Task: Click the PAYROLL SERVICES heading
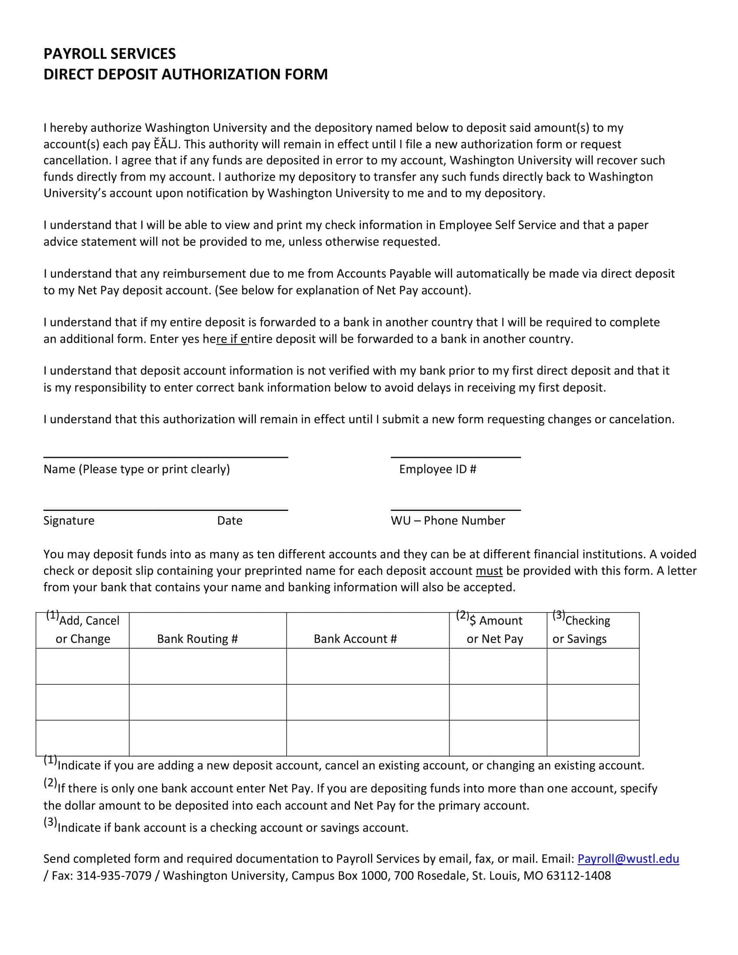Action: point(109,54)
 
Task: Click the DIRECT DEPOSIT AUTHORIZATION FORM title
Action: point(185,74)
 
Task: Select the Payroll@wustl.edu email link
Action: point(628,859)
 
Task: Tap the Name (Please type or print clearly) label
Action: point(136,469)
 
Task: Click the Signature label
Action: point(69,520)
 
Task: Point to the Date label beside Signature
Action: point(230,520)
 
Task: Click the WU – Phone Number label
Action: point(448,520)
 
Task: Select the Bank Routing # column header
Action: point(197,639)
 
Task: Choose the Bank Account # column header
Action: point(355,639)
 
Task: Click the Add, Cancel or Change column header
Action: point(82,630)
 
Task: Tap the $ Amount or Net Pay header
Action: point(495,630)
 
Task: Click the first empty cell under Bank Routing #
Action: point(208,666)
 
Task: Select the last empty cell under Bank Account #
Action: point(368,738)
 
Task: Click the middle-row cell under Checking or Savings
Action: point(593,702)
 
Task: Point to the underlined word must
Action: point(489,571)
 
